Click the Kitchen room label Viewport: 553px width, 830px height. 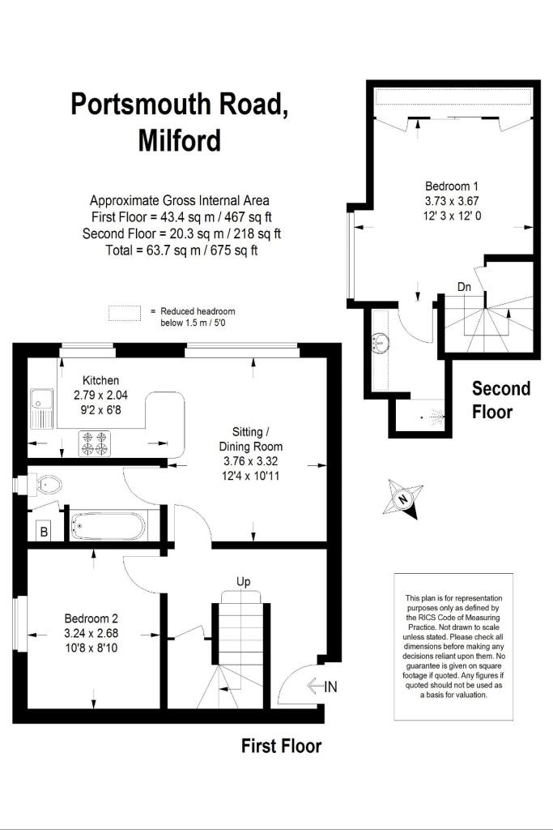(x=101, y=380)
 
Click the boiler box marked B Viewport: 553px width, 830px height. (x=43, y=533)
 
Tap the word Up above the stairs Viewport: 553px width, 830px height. (x=244, y=581)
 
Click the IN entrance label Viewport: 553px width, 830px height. (x=330, y=687)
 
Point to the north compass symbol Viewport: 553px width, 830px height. (x=405, y=497)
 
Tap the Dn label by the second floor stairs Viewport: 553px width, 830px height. (x=464, y=286)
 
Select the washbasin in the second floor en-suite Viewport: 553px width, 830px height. (x=378, y=342)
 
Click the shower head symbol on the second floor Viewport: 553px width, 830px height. (x=436, y=418)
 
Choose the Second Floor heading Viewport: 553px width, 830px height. (x=501, y=400)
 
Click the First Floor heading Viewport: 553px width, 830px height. (x=281, y=746)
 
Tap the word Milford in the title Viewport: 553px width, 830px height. (x=179, y=140)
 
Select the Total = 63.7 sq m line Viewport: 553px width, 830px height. (x=181, y=250)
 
